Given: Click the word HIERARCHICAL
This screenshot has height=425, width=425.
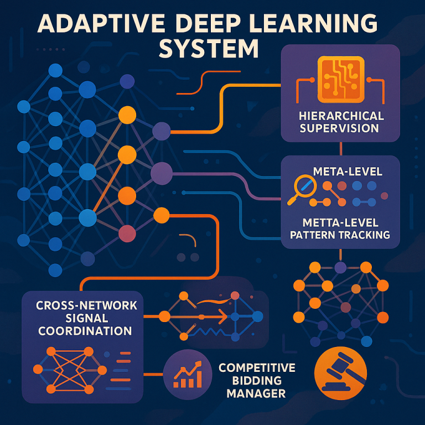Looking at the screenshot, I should (340, 116).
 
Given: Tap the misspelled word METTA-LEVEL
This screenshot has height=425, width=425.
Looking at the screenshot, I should (341, 222).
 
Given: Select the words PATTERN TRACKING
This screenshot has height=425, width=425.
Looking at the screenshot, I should (341, 235).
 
